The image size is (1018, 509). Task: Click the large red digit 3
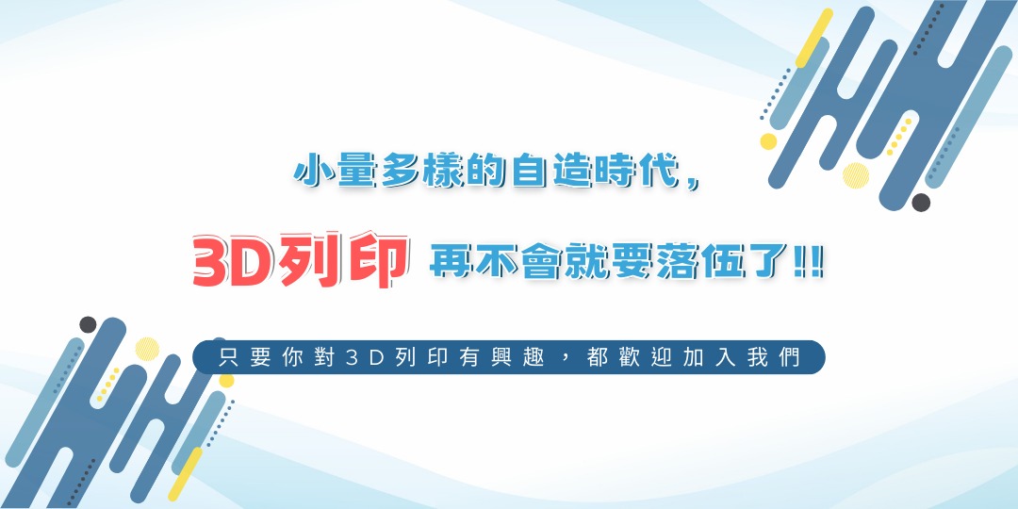coord(212,261)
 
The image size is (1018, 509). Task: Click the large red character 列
coord(314,261)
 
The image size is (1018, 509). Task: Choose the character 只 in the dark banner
coord(228,358)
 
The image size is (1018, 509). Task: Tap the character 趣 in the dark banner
coord(534,358)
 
